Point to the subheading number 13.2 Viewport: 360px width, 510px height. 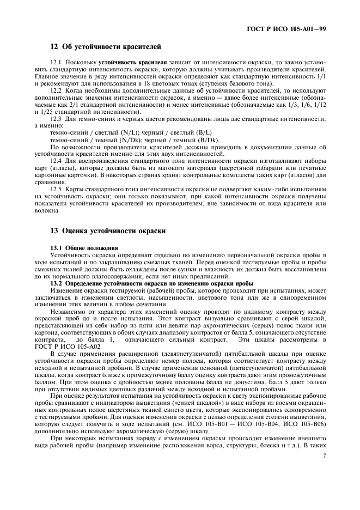click(57, 284)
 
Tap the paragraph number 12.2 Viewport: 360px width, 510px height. click(57, 90)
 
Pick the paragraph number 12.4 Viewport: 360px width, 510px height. click(57, 160)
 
